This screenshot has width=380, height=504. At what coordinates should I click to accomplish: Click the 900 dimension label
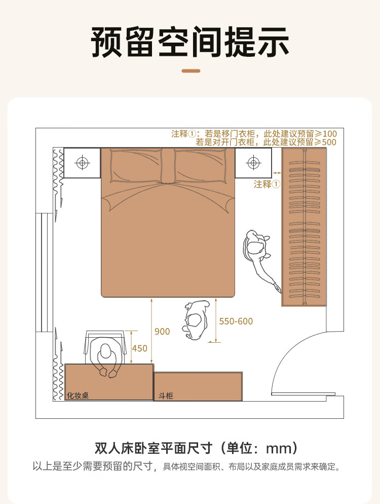coord(162,332)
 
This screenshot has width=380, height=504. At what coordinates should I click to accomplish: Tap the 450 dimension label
coord(139,348)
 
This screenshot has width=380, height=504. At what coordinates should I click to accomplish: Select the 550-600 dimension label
coord(236,321)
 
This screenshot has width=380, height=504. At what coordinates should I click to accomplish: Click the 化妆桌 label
coord(78,395)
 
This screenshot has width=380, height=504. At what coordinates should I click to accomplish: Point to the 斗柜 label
coord(166,395)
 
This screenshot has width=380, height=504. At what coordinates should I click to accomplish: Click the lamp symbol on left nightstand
coord(82,163)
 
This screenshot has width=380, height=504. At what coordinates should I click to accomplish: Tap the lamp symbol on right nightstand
coord(253,163)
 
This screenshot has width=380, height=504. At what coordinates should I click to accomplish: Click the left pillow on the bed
coord(136,166)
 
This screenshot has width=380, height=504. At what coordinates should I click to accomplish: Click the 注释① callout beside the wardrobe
coord(267,184)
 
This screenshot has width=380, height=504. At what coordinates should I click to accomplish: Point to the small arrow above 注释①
coord(277,173)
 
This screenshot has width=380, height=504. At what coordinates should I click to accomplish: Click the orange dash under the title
coord(191,70)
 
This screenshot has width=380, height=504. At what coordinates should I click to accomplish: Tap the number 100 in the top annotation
coord(329,134)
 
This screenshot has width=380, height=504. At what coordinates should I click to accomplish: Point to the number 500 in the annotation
coord(329,142)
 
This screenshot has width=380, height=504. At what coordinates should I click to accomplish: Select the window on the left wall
coord(44,272)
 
